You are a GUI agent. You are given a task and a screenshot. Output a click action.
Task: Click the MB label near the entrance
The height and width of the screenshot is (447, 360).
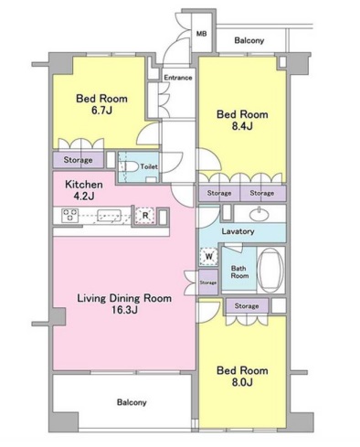[x=201, y=33]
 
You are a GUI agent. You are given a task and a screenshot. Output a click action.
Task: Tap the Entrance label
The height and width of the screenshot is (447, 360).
[x=178, y=78]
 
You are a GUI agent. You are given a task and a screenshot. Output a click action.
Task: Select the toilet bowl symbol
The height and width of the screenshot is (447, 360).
[x=132, y=167]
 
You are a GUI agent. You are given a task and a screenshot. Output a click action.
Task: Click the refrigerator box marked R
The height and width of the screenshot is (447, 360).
[x=145, y=216]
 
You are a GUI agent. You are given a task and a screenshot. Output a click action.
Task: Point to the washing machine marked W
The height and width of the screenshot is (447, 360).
[x=209, y=256]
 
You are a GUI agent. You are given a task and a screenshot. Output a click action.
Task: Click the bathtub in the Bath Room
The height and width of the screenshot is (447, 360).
[x=270, y=270]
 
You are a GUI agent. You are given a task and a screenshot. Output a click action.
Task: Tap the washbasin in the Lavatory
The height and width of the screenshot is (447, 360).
[x=259, y=215]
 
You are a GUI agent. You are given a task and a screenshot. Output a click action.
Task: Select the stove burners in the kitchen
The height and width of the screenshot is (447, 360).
[x=70, y=215]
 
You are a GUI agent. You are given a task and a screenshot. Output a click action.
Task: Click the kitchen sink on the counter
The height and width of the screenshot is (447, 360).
[x=109, y=216]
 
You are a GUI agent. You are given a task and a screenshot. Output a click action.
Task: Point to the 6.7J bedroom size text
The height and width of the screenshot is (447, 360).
[x=102, y=111]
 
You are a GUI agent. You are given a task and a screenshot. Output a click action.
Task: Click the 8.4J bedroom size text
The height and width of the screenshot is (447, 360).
[x=242, y=126]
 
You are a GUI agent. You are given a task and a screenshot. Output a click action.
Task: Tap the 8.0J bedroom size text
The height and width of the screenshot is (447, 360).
[x=242, y=382]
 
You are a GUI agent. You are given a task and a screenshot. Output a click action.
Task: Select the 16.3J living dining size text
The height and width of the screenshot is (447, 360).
[x=124, y=310]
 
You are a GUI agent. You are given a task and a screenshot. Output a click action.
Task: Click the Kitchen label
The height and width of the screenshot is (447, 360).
[x=84, y=185]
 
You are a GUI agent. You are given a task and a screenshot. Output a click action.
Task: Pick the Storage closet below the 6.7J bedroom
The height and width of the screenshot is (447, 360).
[x=79, y=160]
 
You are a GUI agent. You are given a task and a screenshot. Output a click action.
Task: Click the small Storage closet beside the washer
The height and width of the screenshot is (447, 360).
[x=208, y=282]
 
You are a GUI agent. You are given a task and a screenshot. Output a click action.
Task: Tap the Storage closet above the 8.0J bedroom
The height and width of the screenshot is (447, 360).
[x=247, y=306]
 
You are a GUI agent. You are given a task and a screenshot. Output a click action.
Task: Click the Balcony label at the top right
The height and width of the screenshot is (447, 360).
[x=249, y=40]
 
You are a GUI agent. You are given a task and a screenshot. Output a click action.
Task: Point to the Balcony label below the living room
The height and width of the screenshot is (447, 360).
[x=132, y=402]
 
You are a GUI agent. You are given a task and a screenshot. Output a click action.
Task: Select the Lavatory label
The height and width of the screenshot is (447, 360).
[x=238, y=231]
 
